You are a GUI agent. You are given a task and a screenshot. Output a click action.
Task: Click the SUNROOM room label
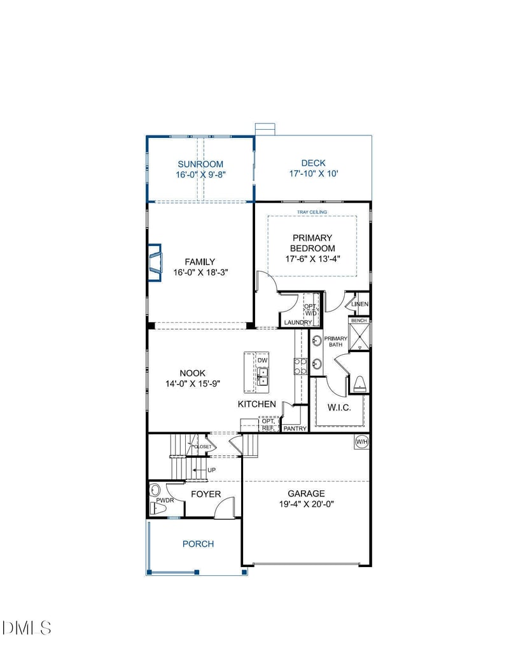pos(200,164)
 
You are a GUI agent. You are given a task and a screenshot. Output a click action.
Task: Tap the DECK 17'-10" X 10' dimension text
pos(313,174)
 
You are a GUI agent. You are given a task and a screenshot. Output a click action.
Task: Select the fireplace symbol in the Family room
pos(155,262)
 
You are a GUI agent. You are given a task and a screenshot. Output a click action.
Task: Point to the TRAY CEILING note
pos(312,212)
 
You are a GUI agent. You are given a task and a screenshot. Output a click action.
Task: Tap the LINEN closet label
pos(360,305)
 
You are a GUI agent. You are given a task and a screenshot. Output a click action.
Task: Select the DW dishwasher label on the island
pos(262,360)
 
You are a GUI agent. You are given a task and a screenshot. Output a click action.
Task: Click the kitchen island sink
pos(262,376)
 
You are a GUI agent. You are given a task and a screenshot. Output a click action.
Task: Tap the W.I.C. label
pos(339,408)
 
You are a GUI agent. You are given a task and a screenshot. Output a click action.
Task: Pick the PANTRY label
pos(295,428)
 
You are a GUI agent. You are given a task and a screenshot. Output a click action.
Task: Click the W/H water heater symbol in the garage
pos(361,441)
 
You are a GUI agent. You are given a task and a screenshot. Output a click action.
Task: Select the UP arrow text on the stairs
pos(211,470)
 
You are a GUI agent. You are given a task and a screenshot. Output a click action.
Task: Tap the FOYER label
pos(206,494)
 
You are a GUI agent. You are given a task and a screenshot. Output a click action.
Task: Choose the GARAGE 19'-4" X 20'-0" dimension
pos(306,504)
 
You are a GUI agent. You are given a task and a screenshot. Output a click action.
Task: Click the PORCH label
pos(198,544)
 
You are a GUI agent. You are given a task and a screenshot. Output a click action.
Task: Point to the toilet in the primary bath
pos(359,383)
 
